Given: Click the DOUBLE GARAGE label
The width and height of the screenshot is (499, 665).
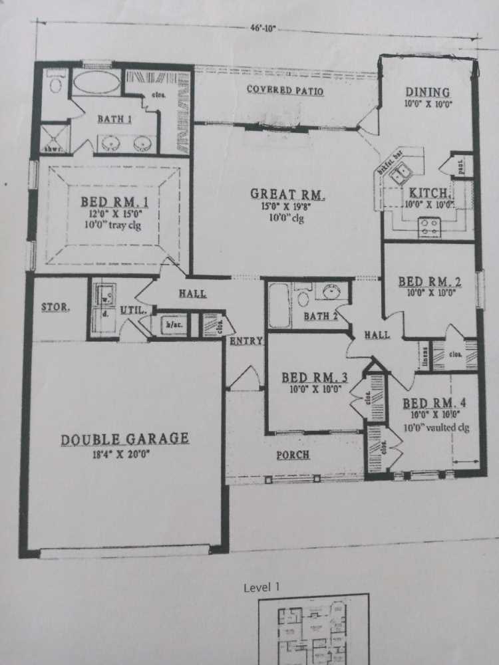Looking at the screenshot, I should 125,440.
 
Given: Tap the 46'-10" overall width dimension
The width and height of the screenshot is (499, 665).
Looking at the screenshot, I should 261,29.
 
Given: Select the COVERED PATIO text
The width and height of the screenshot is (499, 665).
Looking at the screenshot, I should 285,90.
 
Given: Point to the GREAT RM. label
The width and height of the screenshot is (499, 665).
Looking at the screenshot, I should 287,194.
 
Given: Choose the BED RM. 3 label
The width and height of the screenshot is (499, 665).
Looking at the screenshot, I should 311,378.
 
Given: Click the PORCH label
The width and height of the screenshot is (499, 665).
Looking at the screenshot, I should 293,456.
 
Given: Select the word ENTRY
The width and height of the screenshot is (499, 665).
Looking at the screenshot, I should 246,341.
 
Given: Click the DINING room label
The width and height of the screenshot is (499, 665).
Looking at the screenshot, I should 427,93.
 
